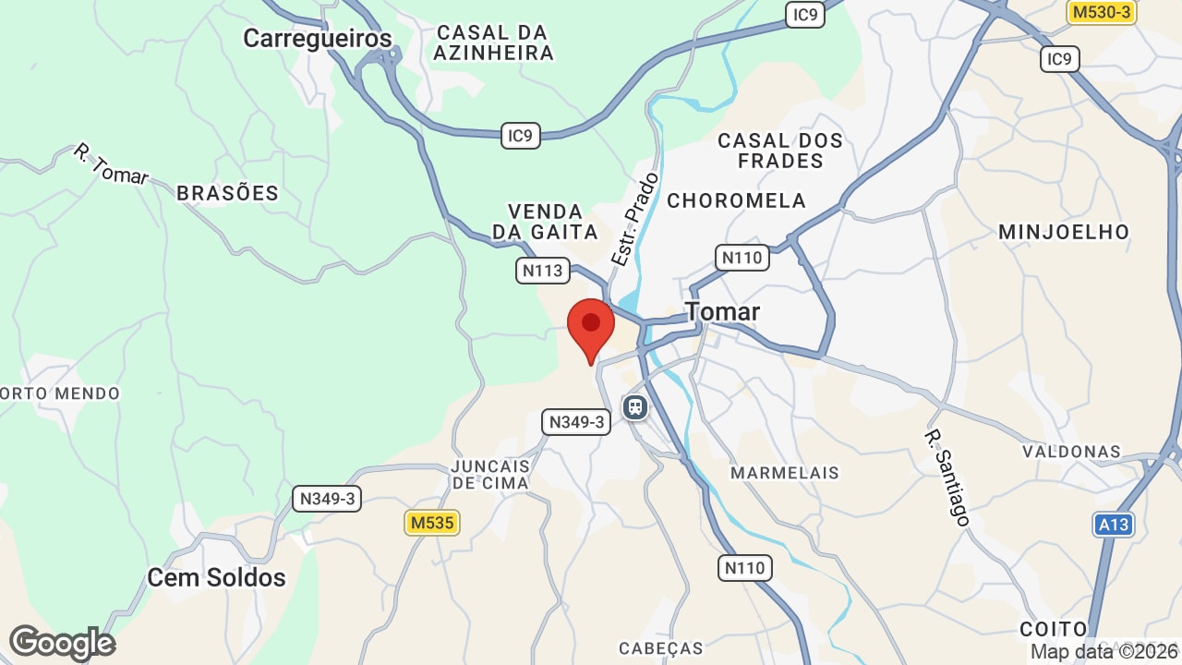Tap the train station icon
click(635, 406)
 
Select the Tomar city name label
click(723, 312)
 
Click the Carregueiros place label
click(317, 39)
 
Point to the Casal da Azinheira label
click(493, 42)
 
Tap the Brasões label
click(227, 193)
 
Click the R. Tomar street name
click(111, 164)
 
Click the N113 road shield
click(542, 271)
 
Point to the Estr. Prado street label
click(635, 220)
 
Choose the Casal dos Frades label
click(781, 151)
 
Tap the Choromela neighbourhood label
click(737, 200)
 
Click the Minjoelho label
click(1064, 232)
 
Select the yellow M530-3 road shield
click(1101, 12)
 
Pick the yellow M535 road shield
click(432, 523)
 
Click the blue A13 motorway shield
click(1114, 525)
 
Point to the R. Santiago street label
click(948, 478)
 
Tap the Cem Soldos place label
click(217, 578)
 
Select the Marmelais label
click(785, 473)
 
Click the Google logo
click(62, 643)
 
